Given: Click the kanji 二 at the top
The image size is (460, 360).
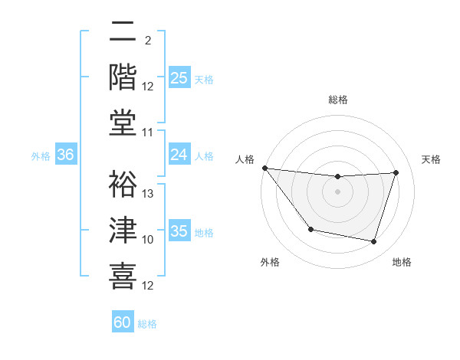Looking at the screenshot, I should click(x=123, y=31).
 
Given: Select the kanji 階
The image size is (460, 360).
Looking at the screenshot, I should click(x=123, y=77).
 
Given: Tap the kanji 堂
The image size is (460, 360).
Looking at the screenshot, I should click(x=123, y=123).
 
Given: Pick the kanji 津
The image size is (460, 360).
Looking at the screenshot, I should click(x=123, y=231).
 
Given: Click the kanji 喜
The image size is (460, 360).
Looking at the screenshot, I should click(x=123, y=276).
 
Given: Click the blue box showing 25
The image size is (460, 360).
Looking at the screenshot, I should click(x=179, y=77).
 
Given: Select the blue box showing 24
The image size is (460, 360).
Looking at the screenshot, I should click(x=179, y=155).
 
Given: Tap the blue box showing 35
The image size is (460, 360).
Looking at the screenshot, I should click(x=179, y=231).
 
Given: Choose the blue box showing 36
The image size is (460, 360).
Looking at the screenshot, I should click(x=66, y=155).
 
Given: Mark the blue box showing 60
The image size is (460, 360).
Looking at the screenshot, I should click(x=123, y=322).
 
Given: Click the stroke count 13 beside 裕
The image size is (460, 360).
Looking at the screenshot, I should click(x=149, y=193).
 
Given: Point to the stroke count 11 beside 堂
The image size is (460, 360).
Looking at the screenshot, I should click(x=149, y=133).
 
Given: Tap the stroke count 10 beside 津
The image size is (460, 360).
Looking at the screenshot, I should click(x=149, y=240).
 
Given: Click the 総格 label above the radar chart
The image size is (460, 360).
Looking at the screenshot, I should click(x=337, y=100).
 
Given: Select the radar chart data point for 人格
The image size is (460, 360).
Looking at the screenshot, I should click(x=264, y=168).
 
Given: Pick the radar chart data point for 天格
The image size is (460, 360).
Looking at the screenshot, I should click(x=396, y=172).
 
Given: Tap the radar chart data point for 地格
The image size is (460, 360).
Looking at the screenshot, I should click(x=374, y=242).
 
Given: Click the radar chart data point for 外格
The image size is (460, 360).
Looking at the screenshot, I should click(x=310, y=229).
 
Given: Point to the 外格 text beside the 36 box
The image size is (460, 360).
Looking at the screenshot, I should click(x=41, y=155).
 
